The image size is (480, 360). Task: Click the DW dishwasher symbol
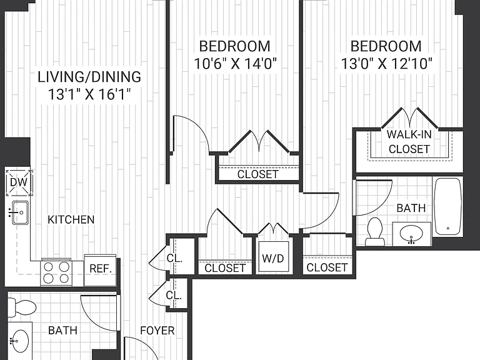coord(19,182)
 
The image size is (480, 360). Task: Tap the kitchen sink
coord(19,212)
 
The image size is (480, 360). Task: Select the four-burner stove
coord(56,272)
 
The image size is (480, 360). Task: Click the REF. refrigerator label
coord(101,269)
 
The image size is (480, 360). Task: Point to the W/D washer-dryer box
coord(273,257)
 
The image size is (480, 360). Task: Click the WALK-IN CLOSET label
coord(409,141)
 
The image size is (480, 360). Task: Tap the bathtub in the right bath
coord(448,207)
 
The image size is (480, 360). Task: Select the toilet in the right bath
coord(375,232)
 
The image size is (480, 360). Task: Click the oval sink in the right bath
coord(411,234)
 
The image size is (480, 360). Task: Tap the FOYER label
coord(157,331)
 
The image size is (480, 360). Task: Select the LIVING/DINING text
coord(89,76)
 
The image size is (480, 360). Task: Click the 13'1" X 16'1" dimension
coord(89,94)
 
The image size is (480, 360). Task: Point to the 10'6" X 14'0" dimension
coord(235,64)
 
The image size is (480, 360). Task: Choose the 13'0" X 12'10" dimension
coord(386,64)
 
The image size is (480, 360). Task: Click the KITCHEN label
coord(71,219)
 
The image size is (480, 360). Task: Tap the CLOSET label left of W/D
coord(225,268)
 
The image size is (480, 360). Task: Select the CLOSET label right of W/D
coord(327,267)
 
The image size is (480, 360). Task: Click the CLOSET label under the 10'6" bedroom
coord(257,174)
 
